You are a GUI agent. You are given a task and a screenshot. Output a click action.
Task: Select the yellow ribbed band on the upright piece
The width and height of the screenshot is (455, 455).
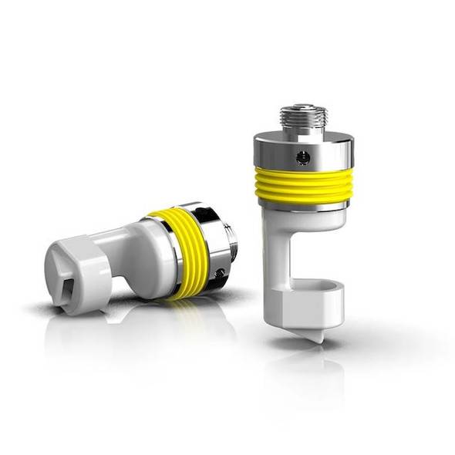click(x=304, y=184)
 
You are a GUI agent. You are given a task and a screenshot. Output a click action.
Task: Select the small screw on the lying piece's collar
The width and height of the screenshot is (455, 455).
click(x=221, y=271)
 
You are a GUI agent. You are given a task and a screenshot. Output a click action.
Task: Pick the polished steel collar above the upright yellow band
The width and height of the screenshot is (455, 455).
click(x=304, y=148)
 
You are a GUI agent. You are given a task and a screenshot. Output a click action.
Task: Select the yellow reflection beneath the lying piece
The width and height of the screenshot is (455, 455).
click(x=180, y=308)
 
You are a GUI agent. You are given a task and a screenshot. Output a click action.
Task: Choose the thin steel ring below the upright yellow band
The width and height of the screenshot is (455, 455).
click(x=304, y=205)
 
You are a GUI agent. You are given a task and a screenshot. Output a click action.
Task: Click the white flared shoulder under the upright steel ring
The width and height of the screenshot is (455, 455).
click(x=304, y=217)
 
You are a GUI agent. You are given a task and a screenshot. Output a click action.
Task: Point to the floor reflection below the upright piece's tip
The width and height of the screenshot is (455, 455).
click(x=312, y=370)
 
